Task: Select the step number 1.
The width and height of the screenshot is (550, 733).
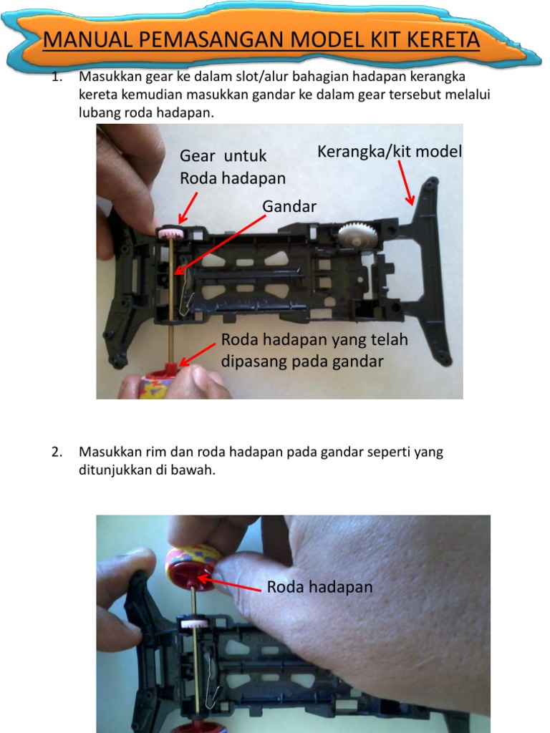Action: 57,77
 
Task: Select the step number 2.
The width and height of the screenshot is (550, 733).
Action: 57,452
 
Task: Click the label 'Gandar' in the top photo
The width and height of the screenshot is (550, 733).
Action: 289,206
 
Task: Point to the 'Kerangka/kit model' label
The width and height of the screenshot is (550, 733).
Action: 390,152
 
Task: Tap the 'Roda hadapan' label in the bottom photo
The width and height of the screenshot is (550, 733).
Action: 319,587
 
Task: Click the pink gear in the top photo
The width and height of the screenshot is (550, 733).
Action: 170,233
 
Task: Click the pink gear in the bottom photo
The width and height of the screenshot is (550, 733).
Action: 190,625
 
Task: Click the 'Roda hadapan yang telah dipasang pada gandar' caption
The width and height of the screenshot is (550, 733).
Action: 314,350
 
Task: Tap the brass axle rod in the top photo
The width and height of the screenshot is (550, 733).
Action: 173,301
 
